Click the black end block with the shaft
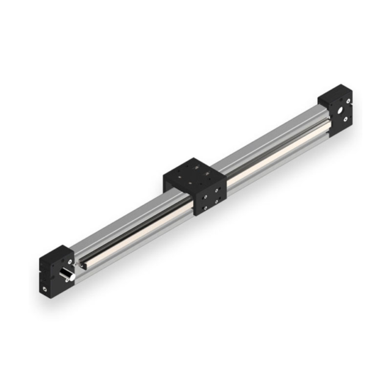tap(53, 269)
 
